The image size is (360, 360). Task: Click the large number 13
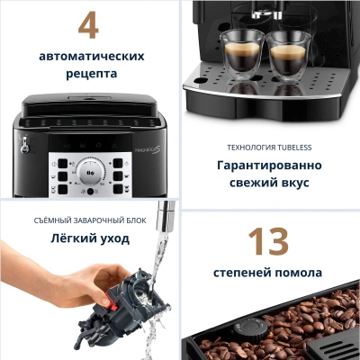coord(268,241)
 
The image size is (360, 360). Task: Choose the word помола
coord(298,271)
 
